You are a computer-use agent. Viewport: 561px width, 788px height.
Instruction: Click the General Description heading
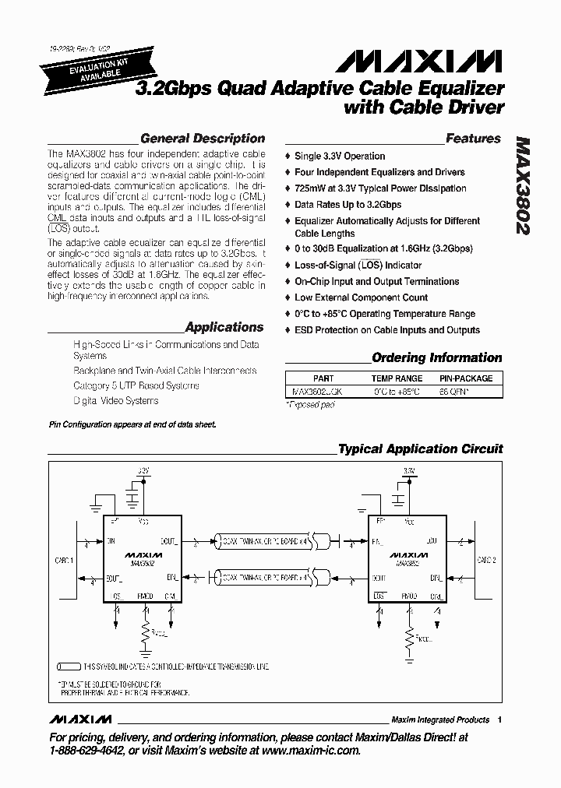(202, 139)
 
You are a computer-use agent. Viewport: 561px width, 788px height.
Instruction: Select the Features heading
(473, 139)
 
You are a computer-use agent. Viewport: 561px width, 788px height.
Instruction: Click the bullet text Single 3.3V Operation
(340, 156)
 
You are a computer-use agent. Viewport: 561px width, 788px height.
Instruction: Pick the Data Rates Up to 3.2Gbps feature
(348, 205)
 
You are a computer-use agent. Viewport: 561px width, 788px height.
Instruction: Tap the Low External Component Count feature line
(361, 297)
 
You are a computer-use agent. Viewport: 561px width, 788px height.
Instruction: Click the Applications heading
(224, 328)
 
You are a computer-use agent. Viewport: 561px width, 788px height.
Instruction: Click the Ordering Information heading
(436, 358)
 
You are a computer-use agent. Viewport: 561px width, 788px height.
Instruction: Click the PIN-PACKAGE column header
(466, 378)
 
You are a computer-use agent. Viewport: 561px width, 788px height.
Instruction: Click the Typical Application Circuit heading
(420, 449)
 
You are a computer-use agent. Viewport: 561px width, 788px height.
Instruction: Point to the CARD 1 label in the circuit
(63, 560)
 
